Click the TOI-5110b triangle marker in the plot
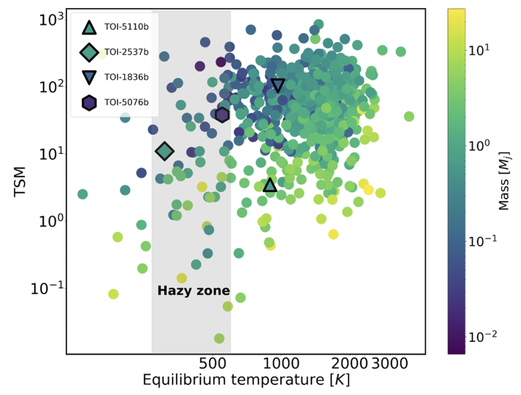click(x=270, y=185)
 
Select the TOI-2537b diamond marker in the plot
click(x=164, y=151)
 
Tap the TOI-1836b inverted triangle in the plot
click(x=278, y=85)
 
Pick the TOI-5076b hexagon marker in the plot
click(x=222, y=115)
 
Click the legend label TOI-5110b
click(x=126, y=27)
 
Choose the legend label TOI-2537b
click(x=126, y=52)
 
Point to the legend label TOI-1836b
click(x=126, y=77)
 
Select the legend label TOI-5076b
click(x=126, y=103)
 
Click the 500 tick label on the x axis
click(x=212, y=364)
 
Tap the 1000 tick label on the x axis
click(x=281, y=364)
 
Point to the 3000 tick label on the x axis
click(x=390, y=364)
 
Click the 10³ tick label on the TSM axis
click(x=52, y=20)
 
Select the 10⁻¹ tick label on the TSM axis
click(x=48, y=289)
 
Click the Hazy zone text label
click(x=193, y=291)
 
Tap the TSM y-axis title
click(x=20, y=182)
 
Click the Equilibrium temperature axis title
click(x=246, y=380)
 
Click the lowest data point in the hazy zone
click(x=219, y=338)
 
